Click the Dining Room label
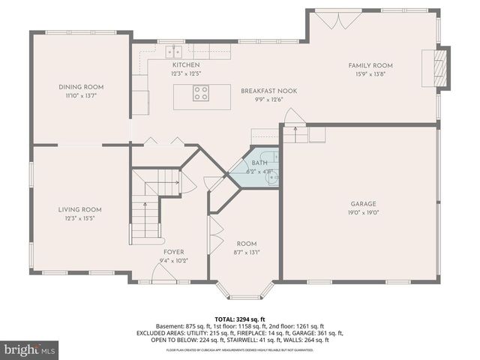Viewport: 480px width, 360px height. click(81, 87)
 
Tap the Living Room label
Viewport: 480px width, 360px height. click(81, 210)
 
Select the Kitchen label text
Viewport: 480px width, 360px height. click(186, 65)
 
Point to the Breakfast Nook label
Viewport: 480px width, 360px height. click(268, 91)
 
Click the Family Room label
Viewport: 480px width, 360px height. click(370, 65)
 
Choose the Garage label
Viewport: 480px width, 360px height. click(363, 203)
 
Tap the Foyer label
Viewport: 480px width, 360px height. click(173, 252)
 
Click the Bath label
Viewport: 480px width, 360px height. click(259, 163)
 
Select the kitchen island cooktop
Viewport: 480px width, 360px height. click(201, 94)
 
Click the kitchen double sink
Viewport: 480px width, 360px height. click(175, 51)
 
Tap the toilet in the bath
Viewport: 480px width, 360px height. click(272, 177)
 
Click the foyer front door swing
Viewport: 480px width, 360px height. click(163, 273)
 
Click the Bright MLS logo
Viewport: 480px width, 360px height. click(30, 349)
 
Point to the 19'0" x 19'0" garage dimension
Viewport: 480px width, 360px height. click(363, 211)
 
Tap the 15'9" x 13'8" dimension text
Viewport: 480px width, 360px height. click(370, 73)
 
